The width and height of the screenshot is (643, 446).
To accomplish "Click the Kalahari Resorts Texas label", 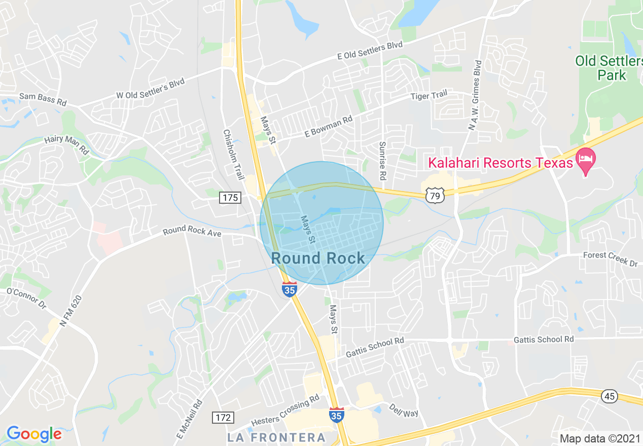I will click(x=501, y=163).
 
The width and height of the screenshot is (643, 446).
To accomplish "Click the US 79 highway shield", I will click(x=436, y=195).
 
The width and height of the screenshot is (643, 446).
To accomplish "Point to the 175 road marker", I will click(x=230, y=198).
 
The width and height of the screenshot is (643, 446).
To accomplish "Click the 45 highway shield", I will click(x=610, y=396).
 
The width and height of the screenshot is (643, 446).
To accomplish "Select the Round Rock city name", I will click(x=318, y=258).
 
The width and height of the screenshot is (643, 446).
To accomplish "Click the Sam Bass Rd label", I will click(x=43, y=98).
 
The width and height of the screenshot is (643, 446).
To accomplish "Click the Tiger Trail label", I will click(x=429, y=95).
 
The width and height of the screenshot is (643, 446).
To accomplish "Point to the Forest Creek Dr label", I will click(x=610, y=259).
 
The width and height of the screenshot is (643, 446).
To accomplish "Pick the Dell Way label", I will click(x=404, y=410).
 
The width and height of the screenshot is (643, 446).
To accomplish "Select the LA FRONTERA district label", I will click(x=276, y=437).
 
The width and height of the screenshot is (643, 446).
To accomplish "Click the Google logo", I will click(x=34, y=434).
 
